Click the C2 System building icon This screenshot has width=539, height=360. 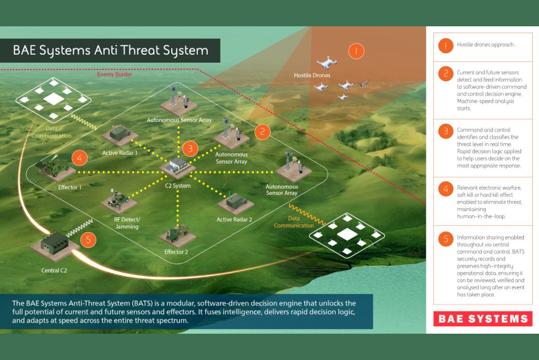click(x=177, y=168)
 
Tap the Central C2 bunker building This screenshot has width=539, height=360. click(x=55, y=244)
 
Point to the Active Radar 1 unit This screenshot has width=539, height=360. click(x=121, y=135)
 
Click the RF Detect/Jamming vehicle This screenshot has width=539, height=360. click(x=118, y=200)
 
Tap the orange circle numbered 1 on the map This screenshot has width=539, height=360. click(x=356, y=51)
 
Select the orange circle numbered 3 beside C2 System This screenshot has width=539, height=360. click(x=191, y=148)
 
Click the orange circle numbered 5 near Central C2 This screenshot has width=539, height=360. click(x=88, y=240)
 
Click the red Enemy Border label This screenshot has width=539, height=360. click(x=114, y=75)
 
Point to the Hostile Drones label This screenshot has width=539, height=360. click(x=312, y=76)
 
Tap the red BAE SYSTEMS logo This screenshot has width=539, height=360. click(x=483, y=318)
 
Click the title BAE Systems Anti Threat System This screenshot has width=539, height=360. click(x=111, y=51)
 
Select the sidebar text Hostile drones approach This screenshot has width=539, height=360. click(x=485, y=45)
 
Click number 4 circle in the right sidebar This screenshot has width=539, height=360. click(x=445, y=187)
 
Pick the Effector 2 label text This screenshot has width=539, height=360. click(x=176, y=252)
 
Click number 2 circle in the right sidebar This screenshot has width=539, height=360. click(x=445, y=73)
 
